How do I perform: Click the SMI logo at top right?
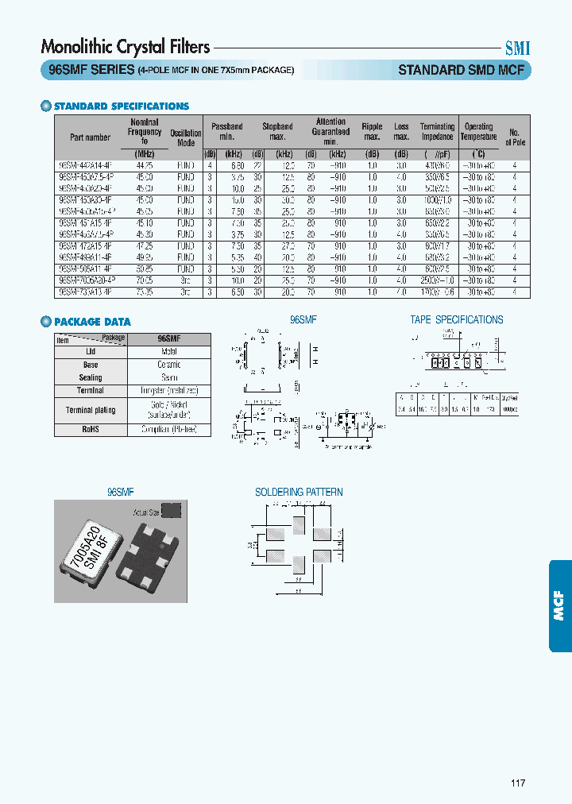[518, 48]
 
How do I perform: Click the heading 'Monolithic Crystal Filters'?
[125, 47]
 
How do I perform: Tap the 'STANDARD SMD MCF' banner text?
[461, 70]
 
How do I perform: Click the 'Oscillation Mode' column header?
[186, 137]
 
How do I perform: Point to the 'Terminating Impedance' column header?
[437, 131]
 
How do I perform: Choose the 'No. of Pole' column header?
[515, 137]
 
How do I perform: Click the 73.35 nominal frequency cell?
[145, 292]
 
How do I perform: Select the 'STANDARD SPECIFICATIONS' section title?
[121, 106]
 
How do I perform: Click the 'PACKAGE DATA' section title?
[92, 322]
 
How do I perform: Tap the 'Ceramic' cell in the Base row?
[168, 365]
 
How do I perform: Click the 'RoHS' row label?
[90, 429]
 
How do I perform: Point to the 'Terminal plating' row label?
[90, 410]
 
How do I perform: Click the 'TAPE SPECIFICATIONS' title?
[456, 319]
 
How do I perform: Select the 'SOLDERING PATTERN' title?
[299, 492]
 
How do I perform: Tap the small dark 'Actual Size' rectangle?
[172, 510]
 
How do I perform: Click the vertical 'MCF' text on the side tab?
[558, 605]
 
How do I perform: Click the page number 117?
[518, 783]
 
